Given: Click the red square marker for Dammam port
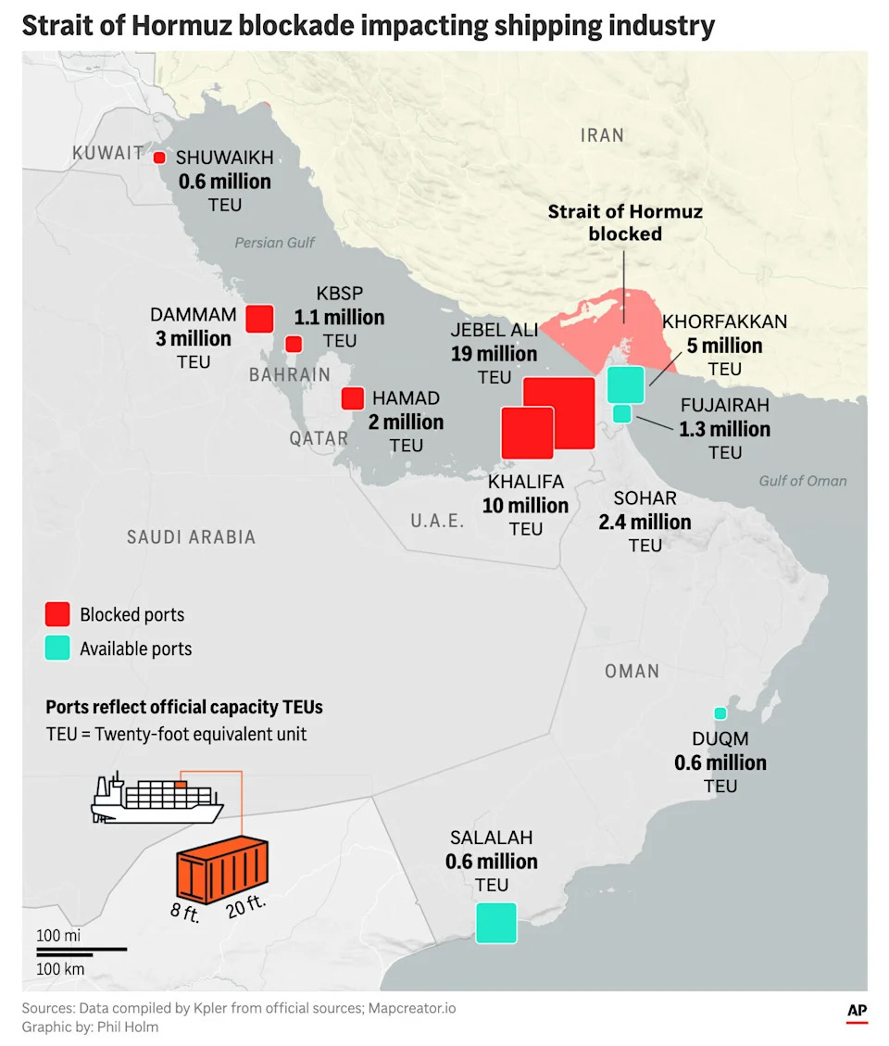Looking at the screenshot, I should coord(259,319).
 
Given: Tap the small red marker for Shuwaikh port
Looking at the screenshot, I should coord(159,158).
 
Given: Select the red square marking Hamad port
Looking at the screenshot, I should coord(352,398).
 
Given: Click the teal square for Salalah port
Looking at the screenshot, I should coord(495,923).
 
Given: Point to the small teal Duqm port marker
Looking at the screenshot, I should coord(720,713).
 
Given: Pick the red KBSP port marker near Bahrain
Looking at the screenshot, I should coord(294,344).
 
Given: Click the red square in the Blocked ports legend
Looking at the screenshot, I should coord(57,614).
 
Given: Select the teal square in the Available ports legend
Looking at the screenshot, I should coord(57,649).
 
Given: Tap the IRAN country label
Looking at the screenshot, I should coord(602,135).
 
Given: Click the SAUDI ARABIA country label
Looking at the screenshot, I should coord(191,536).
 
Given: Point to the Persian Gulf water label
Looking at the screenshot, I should coord(274,243).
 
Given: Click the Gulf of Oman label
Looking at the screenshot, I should coord(802,480).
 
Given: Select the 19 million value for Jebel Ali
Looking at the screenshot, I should coord(494,354).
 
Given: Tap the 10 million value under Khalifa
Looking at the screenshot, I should coord(525,506).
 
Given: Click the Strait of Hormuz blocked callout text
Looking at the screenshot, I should coord(625,222).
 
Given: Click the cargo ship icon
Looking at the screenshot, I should coord(157,798).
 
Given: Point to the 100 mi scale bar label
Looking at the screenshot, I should coord(59,935).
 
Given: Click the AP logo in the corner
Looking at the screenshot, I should coord(856,1013).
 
